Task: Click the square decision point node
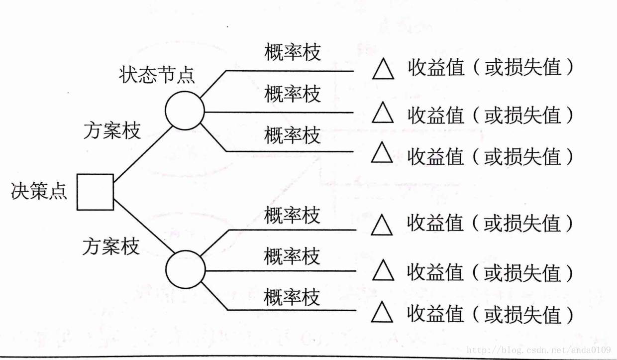(x=95, y=192)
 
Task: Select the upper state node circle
(x=185, y=111)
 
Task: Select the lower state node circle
(x=185, y=270)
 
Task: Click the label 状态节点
(x=157, y=75)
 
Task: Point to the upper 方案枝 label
(x=112, y=131)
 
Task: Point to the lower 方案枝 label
(x=111, y=246)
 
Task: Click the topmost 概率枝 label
(x=293, y=52)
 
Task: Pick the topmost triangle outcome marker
(x=383, y=70)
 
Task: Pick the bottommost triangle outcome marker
(x=383, y=312)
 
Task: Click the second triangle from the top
(x=383, y=113)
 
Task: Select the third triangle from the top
(x=383, y=153)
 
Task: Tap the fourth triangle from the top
(x=383, y=226)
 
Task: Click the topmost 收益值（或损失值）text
(x=491, y=68)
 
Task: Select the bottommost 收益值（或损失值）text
(x=490, y=314)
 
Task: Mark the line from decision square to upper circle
(x=143, y=153)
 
